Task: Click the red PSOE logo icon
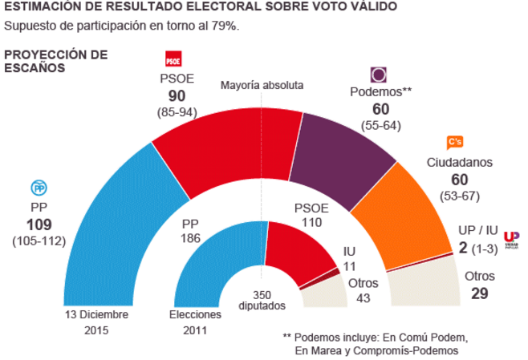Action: [173, 60]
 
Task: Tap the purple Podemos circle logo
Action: [379, 75]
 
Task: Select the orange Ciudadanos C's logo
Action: [454, 142]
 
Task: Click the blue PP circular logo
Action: [39, 188]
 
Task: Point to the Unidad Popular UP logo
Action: [511, 238]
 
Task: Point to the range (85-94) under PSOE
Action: [177, 111]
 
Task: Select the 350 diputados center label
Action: [262, 300]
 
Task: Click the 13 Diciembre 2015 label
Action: [97, 322]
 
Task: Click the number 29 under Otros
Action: [479, 294]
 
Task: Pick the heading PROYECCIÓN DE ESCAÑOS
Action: [56, 61]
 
